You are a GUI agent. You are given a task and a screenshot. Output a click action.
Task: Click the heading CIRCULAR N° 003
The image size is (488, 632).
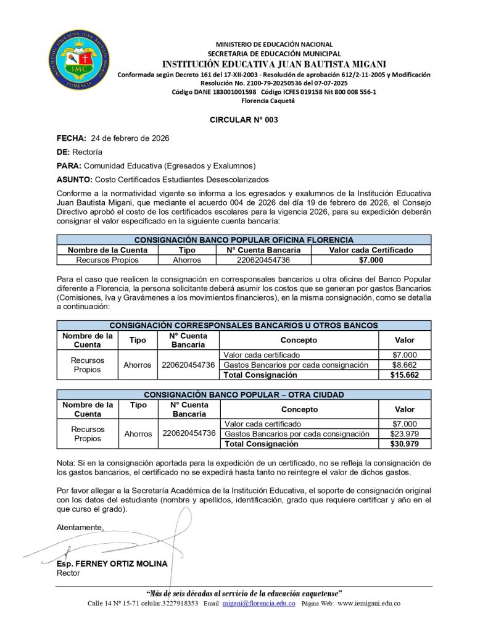coord(244,120)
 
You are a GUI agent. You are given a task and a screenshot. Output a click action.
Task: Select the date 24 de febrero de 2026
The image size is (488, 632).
coord(130,138)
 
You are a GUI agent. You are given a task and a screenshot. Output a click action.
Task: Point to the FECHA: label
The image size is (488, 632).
coord(72,138)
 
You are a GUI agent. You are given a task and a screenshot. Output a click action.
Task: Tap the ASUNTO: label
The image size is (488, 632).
coord(75,180)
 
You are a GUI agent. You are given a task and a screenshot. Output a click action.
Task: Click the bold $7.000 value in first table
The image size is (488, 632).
coord(371,260)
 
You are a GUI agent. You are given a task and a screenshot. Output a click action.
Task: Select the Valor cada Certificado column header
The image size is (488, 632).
coord(371,250)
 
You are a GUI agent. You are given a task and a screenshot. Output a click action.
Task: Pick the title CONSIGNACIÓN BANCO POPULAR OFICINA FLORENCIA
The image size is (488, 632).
coord(244,240)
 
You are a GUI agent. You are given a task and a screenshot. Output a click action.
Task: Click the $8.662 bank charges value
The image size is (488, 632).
coord(405,365)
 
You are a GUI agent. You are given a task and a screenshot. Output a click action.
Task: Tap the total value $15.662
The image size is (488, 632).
coord(405,375)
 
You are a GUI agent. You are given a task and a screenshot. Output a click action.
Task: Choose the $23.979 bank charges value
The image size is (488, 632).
coord(405,434)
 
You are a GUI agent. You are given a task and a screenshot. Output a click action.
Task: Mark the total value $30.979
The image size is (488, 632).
coord(405,444)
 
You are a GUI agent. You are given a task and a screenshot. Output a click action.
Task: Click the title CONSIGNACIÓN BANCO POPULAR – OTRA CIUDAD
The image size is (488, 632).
coord(244,394)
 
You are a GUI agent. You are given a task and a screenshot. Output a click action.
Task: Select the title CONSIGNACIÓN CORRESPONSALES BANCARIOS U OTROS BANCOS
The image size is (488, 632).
coord(244,325)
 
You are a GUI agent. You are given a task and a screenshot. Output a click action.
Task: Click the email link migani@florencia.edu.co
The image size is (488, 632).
coord(258,603)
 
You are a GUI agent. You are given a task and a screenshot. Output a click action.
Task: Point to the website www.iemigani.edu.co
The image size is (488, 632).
coord(369,603)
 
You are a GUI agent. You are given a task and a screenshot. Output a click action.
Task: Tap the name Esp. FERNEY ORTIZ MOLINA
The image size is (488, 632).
coord(112,564)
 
